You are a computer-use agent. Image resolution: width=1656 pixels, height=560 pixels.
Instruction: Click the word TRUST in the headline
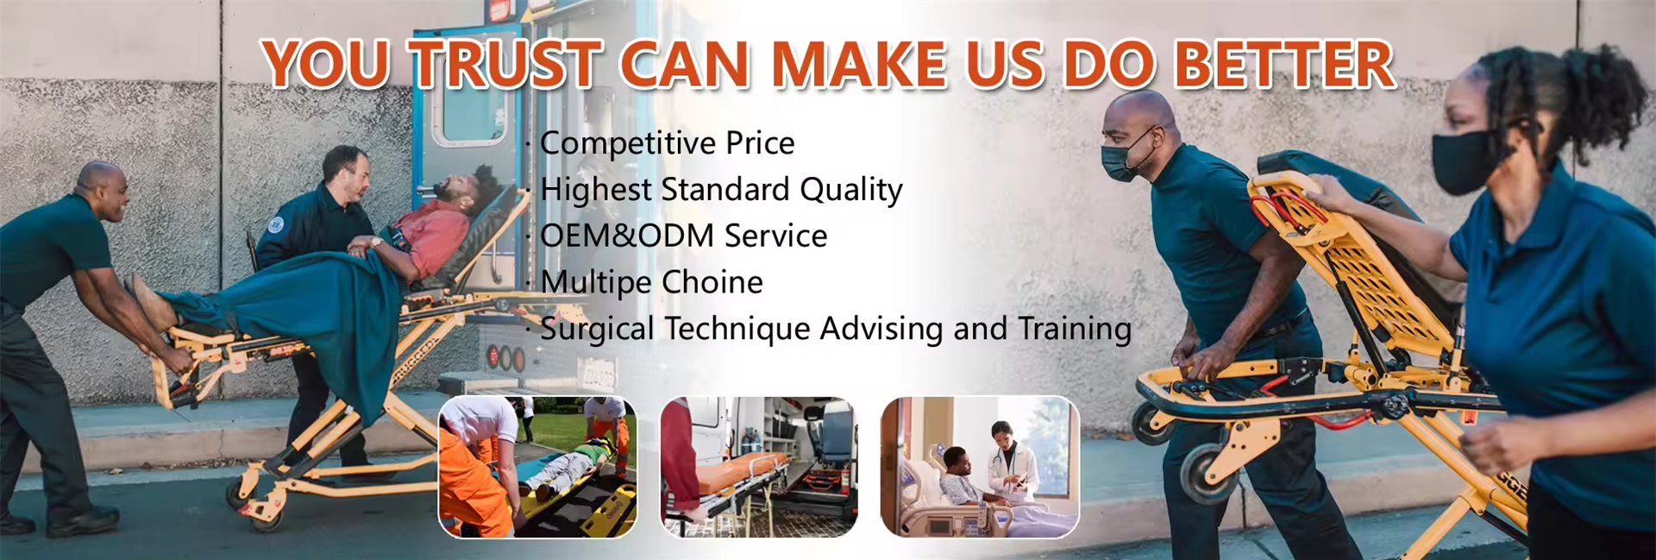(505, 65)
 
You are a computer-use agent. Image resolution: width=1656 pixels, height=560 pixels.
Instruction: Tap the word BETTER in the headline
(1285, 65)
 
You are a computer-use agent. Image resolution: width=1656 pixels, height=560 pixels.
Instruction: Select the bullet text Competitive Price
(667, 143)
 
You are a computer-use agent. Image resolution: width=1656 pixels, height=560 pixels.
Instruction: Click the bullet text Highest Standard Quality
(721, 189)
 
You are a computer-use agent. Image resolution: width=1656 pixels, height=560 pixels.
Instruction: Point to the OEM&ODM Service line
(683, 236)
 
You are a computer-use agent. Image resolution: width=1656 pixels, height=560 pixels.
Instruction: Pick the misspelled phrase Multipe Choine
(651, 282)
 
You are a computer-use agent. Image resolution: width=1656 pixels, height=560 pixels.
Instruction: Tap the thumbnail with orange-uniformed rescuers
(537, 467)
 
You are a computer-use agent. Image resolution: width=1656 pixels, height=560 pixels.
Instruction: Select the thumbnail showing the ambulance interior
(759, 467)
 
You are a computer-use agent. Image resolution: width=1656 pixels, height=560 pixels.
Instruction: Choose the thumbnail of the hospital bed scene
(980, 467)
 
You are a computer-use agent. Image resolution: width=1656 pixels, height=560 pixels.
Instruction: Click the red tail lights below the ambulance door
(505, 357)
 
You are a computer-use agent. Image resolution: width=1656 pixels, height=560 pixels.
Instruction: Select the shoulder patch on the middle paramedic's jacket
(275, 224)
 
